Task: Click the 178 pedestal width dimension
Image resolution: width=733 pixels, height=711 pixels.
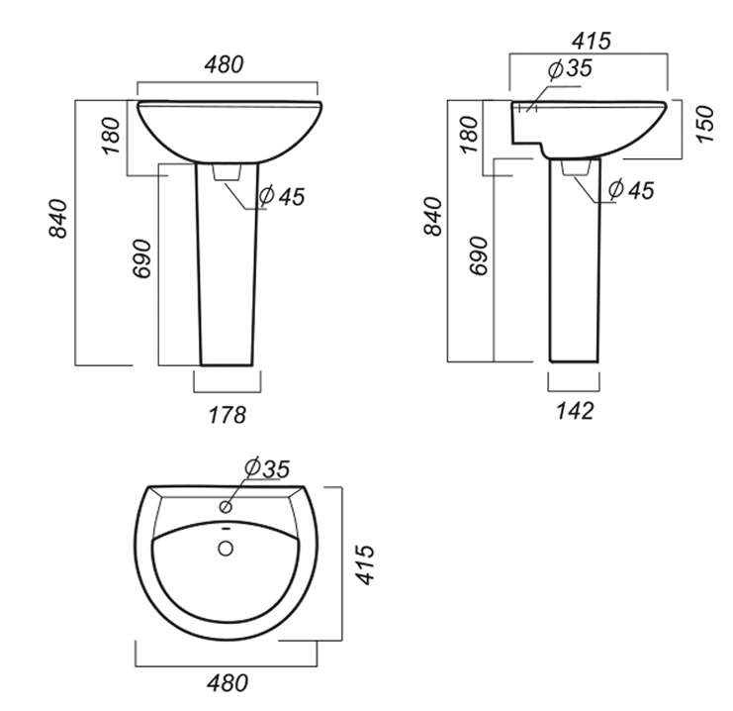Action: [x=228, y=415]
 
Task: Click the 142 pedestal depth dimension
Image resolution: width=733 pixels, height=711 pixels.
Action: [x=575, y=411]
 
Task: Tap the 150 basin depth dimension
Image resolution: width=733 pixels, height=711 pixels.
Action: [x=705, y=124]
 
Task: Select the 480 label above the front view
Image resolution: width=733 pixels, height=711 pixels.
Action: [x=224, y=64]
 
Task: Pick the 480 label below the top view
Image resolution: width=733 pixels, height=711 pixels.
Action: [x=228, y=683]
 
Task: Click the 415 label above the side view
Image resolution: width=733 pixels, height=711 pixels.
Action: [x=592, y=41]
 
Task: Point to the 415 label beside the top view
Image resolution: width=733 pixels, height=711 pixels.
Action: [x=365, y=564]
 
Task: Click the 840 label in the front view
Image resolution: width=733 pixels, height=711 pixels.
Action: [x=58, y=219]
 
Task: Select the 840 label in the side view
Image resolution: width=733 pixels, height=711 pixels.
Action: [x=433, y=216]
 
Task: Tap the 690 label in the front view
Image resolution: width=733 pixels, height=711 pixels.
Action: [x=142, y=258]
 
